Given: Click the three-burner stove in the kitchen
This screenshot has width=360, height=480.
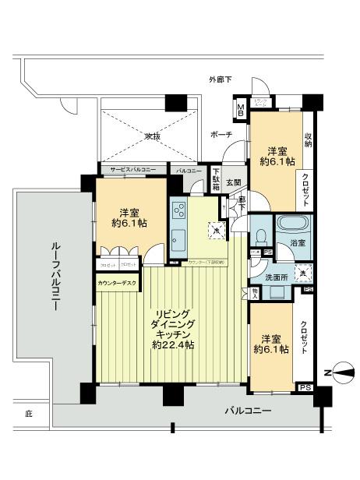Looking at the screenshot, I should (x=180, y=210).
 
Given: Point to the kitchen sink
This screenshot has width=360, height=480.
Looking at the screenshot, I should (x=178, y=238).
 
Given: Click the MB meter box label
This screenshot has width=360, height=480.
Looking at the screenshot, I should (x=241, y=109).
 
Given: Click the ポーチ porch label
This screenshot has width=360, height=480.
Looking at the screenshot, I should (x=221, y=135).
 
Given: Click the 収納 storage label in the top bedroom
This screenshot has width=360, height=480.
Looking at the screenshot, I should (x=309, y=139).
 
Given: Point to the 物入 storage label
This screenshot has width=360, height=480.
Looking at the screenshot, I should (x=255, y=292).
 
